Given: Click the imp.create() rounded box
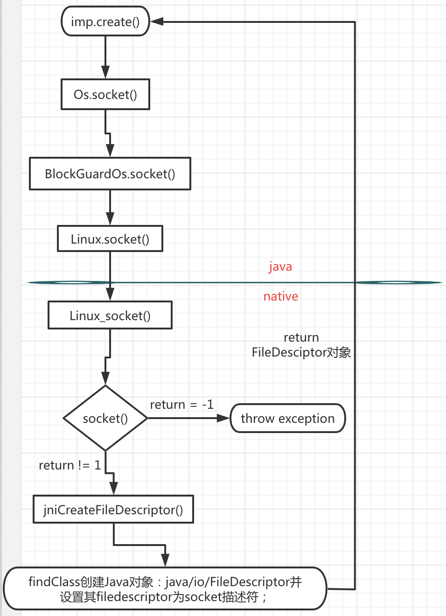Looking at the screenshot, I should pos(105,21).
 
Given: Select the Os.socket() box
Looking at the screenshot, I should pos(105,94).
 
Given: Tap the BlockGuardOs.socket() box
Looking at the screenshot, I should pos(110,174).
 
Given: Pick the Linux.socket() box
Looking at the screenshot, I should pos(110,239).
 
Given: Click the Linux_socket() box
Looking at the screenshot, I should pos(110,315).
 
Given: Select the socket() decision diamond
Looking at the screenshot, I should pos(105,418).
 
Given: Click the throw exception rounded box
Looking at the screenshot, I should pos(288,418).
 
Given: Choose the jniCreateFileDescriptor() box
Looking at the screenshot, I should pos(113,509).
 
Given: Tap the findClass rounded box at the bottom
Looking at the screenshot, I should pos(165,588).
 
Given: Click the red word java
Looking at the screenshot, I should pos(280,266).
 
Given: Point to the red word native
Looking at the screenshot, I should pos(281,296).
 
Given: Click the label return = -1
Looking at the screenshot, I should pos(181,404).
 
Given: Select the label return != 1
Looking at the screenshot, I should pos(70,465).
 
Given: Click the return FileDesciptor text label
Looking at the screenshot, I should pos(301,345).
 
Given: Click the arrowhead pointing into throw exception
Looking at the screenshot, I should pos(224,418).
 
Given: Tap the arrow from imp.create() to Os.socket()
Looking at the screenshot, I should pos(105,56).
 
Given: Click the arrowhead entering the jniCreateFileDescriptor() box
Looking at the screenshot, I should pos(113,488).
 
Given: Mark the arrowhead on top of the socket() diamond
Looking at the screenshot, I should pos(106,378).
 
